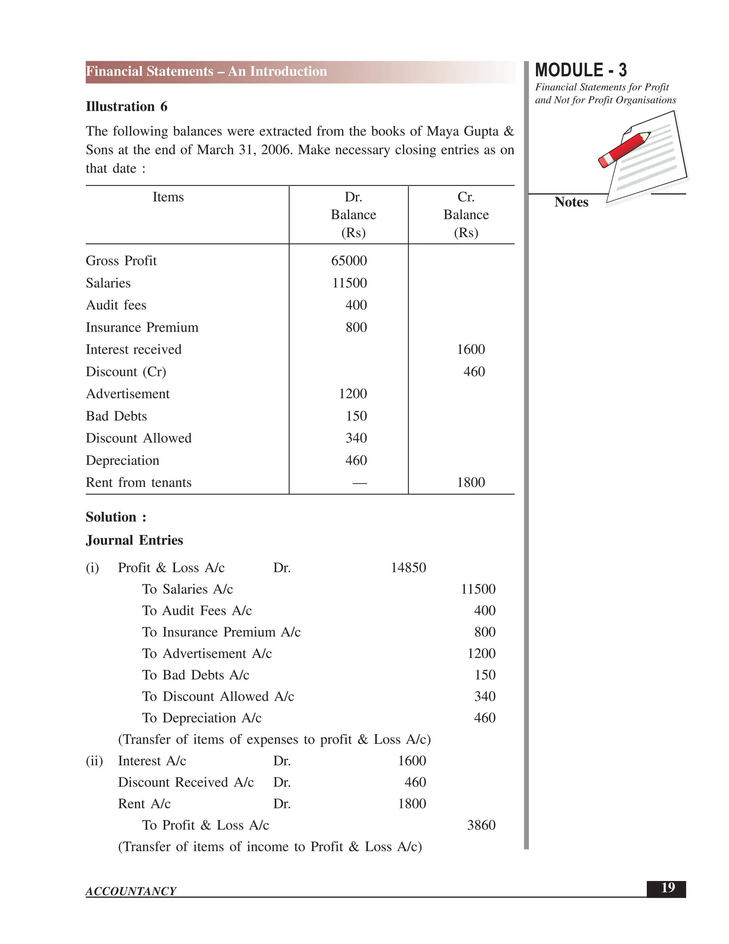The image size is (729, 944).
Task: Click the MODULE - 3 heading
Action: tap(581, 70)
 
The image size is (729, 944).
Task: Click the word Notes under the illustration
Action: tap(571, 202)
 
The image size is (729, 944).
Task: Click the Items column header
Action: tap(168, 197)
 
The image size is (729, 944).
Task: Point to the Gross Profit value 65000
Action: tap(349, 261)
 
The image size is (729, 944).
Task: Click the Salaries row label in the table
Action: tap(108, 283)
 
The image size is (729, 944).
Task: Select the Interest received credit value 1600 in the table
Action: tap(471, 349)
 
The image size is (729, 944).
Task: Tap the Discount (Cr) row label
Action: tap(126, 372)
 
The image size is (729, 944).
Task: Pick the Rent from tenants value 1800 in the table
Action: tap(471, 482)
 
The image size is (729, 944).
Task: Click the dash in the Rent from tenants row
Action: tap(360, 483)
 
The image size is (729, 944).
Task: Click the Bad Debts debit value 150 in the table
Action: tap(356, 416)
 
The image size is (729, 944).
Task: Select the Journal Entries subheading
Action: tap(134, 540)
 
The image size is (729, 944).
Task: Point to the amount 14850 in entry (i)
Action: tap(408, 567)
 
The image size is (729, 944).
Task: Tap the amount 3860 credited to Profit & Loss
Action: tap(481, 825)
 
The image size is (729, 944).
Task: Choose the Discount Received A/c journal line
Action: tap(186, 782)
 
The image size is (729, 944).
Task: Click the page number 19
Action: tap(668, 888)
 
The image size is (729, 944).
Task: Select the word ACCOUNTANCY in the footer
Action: tap(131, 891)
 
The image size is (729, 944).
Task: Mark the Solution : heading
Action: tap(116, 517)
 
